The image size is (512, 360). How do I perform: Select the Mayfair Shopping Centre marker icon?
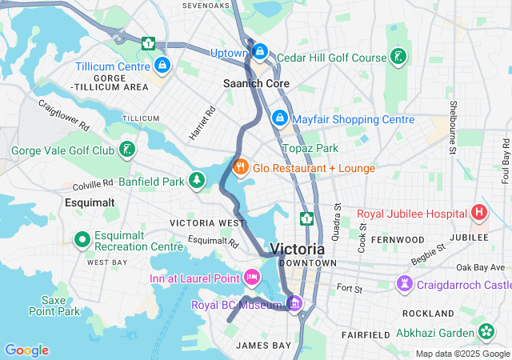(x=279, y=118)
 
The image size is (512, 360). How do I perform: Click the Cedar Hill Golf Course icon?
(x=398, y=57)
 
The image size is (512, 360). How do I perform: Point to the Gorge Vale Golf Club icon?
(x=127, y=150)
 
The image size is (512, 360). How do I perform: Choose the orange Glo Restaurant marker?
(x=239, y=167)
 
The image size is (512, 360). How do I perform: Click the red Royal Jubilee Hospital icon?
(x=478, y=213)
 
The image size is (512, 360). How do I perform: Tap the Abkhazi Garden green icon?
(x=486, y=330)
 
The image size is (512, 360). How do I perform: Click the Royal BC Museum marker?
(x=294, y=303)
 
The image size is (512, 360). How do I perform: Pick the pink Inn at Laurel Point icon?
(x=252, y=278)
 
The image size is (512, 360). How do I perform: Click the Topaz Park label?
(x=310, y=149)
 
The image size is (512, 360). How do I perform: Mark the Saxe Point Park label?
(x=54, y=305)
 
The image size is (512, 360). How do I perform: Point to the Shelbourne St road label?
(x=453, y=120)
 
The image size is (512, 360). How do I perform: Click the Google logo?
(x=26, y=350)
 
